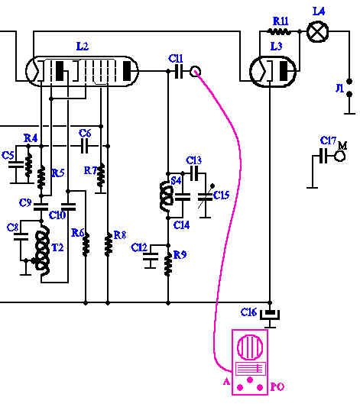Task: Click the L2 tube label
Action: pyautogui.click(x=83, y=47)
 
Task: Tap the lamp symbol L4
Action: pyautogui.click(x=317, y=32)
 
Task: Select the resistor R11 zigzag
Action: pyautogui.click(x=279, y=31)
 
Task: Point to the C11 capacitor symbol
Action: pyautogui.click(x=179, y=71)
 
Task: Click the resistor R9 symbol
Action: pyautogui.click(x=168, y=264)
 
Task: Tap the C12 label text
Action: pyautogui.click(x=139, y=247)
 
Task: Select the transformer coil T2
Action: pyautogui.click(x=42, y=252)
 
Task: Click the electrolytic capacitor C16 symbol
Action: pyautogui.click(x=270, y=315)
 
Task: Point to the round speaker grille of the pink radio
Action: pyautogui.click(x=250, y=347)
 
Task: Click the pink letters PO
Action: pyautogui.click(x=277, y=386)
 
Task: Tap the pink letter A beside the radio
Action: pyautogui.click(x=226, y=382)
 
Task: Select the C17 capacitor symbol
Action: pyautogui.click(x=323, y=156)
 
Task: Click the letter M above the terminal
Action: pyautogui.click(x=342, y=146)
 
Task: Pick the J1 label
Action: pyautogui.click(x=339, y=88)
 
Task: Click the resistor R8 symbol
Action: pyautogui.click(x=109, y=244)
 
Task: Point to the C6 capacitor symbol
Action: pyautogui.click(x=84, y=146)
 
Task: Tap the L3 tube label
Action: pyautogui.click(x=276, y=47)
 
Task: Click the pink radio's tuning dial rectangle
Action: pyautogui.click(x=251, y=369)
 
